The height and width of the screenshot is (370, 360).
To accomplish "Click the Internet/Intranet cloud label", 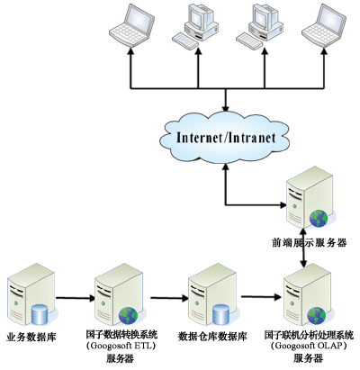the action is [226, 138].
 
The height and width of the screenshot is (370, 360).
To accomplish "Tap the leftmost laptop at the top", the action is [131, 25].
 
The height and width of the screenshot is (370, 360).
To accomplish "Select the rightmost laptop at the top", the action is [324, 25].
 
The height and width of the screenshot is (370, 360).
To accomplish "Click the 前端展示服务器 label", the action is [309, 243].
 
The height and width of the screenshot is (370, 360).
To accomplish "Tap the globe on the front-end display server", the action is [319, 219].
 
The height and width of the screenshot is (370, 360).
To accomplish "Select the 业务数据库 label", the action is [31, 337].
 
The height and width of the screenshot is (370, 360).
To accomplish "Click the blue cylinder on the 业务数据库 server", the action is [40, 314].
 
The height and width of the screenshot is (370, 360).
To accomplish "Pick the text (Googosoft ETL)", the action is [121, 346].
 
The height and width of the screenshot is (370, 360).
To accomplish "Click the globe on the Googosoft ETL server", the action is [128, 316].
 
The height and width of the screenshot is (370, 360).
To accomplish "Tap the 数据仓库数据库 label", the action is [212, 337].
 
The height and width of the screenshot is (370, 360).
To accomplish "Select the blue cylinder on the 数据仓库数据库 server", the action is [220, 314].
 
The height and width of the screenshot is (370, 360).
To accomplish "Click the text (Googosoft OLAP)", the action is [309, 346].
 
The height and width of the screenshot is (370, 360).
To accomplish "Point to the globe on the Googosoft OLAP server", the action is [316, 316].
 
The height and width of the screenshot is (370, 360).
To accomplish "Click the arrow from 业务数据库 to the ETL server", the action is [76, 298].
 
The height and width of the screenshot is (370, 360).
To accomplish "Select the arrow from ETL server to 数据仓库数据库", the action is [169, 298].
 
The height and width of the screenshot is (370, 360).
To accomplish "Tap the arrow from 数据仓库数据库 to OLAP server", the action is [261, 297].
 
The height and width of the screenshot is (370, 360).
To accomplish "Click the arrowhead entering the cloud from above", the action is [225, 108].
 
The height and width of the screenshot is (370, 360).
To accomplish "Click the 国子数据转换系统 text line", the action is [121, 334].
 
